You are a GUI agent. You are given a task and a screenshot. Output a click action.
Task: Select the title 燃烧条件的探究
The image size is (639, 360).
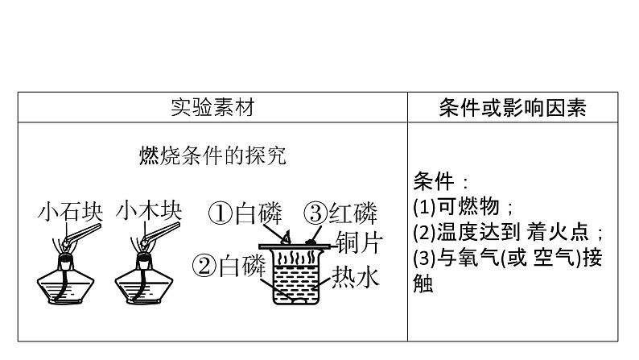[212, 155]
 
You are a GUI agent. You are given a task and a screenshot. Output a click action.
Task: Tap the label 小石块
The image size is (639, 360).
[71, 213]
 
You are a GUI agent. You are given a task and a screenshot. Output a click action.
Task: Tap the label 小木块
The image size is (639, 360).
[149, 212]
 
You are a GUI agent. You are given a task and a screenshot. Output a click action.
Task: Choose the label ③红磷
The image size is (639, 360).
[340, 213]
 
